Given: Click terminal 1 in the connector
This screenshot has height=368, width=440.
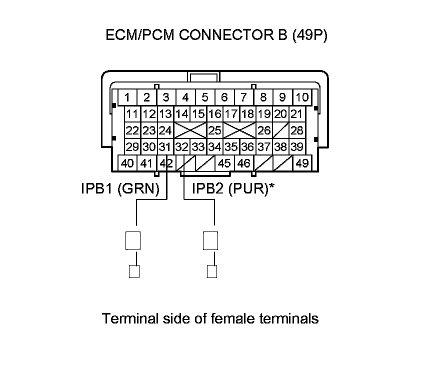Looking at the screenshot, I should click(x=128, y=97).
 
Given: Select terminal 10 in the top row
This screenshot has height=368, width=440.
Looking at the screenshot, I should click(x=302, y=97).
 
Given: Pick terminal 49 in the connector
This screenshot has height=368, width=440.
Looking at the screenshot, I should click(x=302, y=163).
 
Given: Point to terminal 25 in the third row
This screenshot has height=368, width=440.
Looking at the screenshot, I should click(x=214, y=130).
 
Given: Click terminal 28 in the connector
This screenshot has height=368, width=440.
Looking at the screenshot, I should click(x=297, y=130).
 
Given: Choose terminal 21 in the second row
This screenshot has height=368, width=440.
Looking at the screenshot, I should click(x=297, y=114).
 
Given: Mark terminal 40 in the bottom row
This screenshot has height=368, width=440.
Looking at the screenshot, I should click(x=127, y=163).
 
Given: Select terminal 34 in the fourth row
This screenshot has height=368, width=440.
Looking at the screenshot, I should click(x=214, y=147).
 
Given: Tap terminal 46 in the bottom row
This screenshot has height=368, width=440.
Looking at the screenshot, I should click(x=243, y=163).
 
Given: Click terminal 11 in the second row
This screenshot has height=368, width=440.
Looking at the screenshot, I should click(x=132, y=114).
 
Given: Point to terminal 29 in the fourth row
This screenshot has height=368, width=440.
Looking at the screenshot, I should click(x=132, y=147).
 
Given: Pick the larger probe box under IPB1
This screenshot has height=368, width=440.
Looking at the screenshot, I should click(x=133, y=240).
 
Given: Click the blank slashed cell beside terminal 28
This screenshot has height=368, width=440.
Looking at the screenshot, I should click(x=281, y=130).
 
